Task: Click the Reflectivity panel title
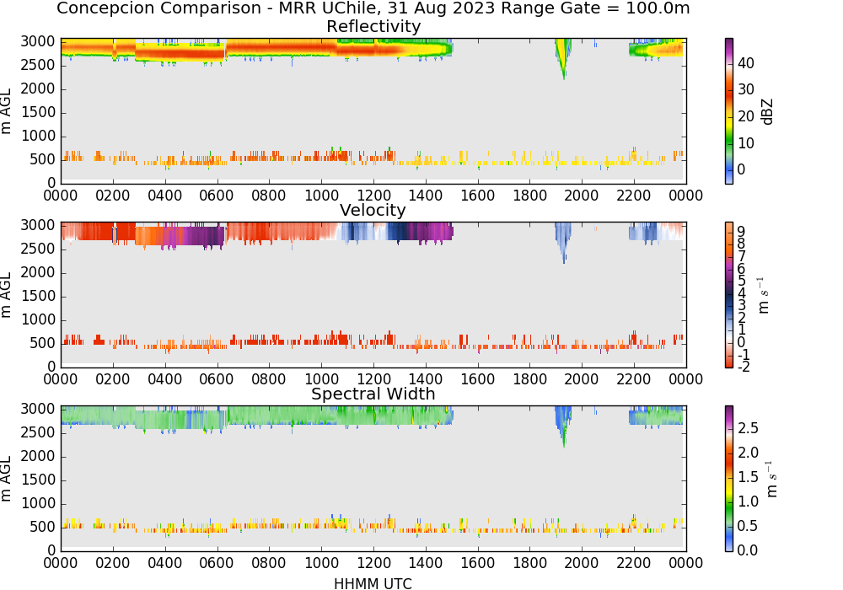(x=373, y=26)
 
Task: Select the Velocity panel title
(x=373, y=210)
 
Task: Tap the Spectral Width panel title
(x=373, y=394)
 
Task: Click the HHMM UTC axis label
(x=373, y=583)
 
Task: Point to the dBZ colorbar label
(x=767, y=112)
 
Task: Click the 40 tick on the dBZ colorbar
(x=746, y=63)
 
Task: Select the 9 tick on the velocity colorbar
(x=741, y=231)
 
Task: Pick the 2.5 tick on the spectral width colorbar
(x=748, y=428)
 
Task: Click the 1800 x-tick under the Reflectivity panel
(x=529, y=196)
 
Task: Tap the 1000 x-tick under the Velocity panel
(x=321, y=379)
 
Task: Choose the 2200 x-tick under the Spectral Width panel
(x=634, y=563)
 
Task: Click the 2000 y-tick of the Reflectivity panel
(x=38, y=88)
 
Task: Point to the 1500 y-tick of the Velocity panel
(x=38, y=296)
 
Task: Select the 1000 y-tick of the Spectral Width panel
(x=38, y=503)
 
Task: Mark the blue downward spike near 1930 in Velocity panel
(x=563, y=242)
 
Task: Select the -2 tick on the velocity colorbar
(x=743, y=367)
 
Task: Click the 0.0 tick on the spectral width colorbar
(x=748, y=550)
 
